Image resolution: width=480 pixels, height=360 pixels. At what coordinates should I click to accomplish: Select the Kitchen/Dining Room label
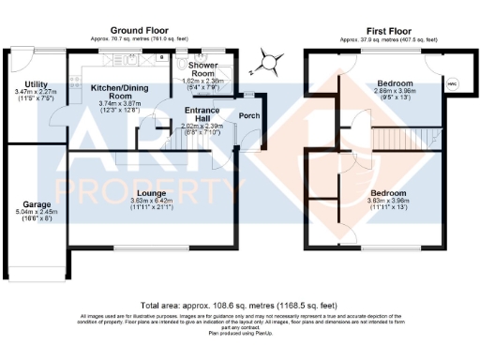tap(109, 91)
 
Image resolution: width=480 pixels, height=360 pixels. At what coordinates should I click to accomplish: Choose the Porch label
tap(249, 116)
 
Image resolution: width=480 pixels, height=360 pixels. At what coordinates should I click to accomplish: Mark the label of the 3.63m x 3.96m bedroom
tap(392, 192)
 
